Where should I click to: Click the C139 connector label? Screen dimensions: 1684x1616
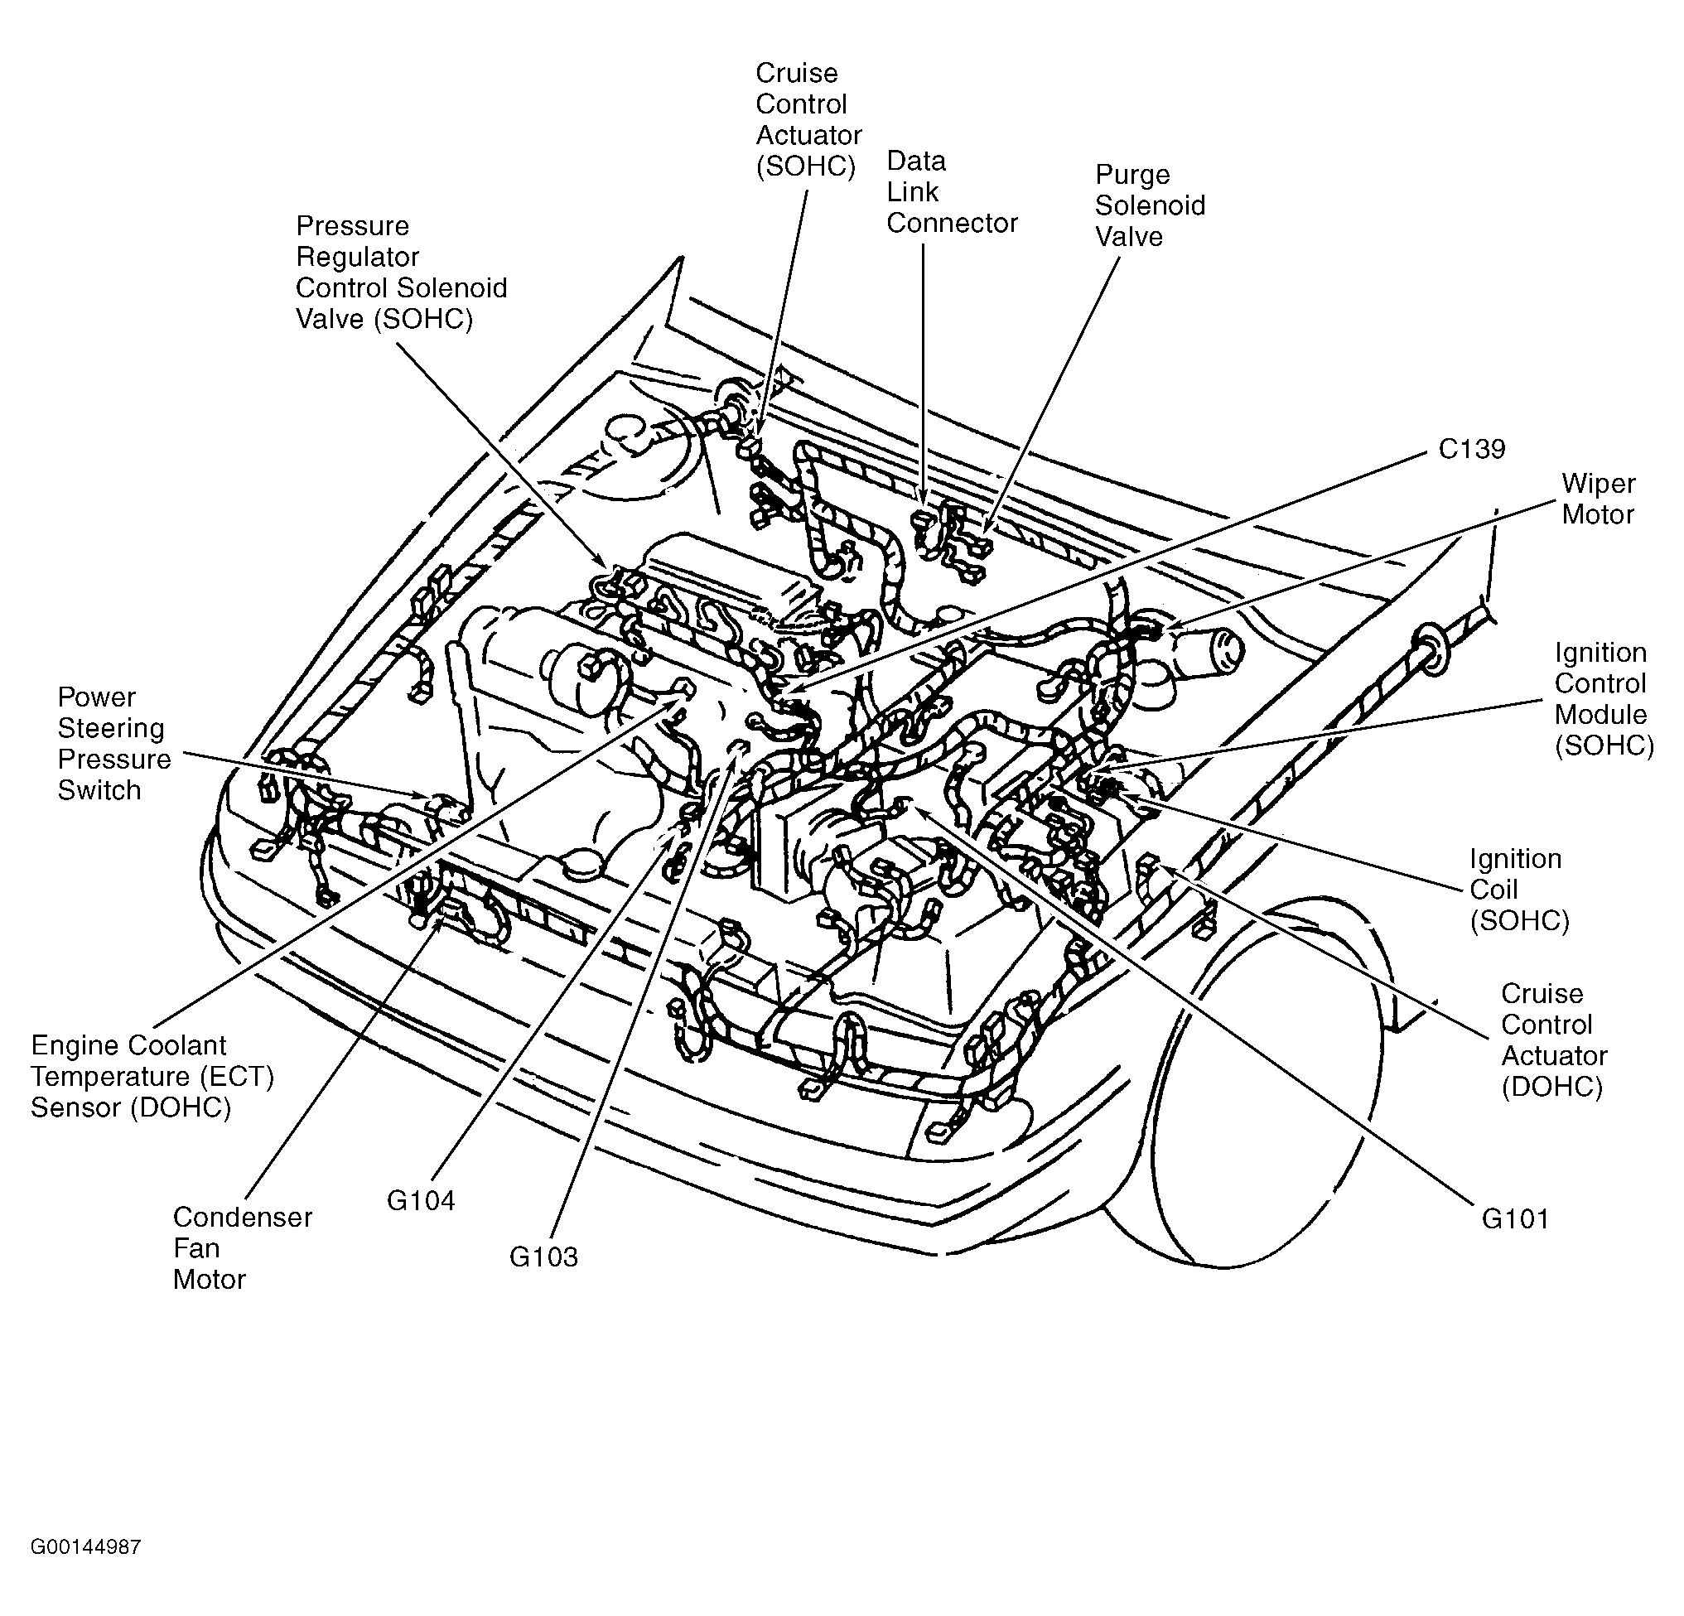point(1472,449)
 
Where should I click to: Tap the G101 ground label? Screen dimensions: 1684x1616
point(1515,1219)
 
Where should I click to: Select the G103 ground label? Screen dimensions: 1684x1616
point(543,1257)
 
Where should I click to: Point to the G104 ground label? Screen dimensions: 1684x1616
point(420,1200)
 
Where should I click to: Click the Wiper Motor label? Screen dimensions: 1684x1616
point(1598,499)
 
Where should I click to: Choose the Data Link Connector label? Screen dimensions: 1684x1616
point(952,191)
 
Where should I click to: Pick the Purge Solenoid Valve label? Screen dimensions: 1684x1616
point(1150,205)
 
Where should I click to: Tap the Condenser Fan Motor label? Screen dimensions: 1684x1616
point(243,1248)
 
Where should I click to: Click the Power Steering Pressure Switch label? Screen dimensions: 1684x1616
point(114,744)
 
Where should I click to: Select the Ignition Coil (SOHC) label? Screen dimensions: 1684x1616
point(1519,890)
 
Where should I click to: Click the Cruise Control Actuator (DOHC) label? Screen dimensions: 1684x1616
point(1553,1040)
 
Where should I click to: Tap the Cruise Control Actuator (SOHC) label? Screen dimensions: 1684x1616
point(808,120)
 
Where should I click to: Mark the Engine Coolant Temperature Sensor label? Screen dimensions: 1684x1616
point(152,1077)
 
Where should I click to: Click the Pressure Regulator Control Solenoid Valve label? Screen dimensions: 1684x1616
point(401,273)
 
